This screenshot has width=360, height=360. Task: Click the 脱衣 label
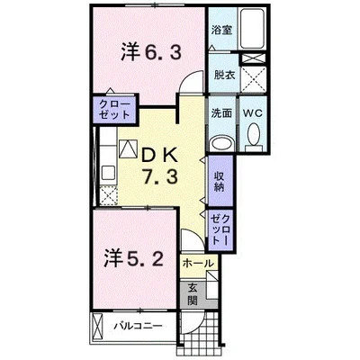point(223,76)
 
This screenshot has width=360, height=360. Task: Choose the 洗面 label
point(221,114)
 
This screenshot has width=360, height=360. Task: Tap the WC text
point(252,114)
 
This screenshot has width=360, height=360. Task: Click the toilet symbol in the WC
point(253,137)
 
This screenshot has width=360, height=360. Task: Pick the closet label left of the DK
point(112,112)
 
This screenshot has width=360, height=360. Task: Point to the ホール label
point(198,264)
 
